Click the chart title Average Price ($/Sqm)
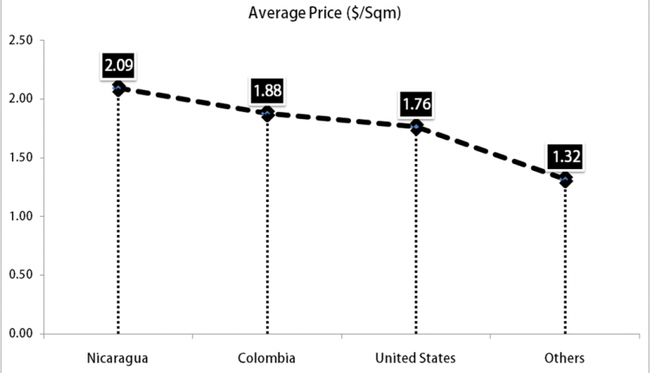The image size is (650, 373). point(324,12)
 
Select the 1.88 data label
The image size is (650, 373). point(268,90)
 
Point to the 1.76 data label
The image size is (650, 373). point(417,105)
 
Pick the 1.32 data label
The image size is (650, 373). point(565,157)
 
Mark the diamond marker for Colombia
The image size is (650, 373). point(268,114)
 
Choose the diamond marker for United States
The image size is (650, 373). point(417,128)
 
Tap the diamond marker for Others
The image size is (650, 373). point(565,180)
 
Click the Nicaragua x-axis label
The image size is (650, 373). point(118,357)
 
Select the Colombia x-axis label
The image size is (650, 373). point(267,357)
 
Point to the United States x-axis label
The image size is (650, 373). point(416,357)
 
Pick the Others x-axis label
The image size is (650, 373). point(565,357)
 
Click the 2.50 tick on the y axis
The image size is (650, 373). point(21,40)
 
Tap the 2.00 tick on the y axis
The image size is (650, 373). point(21,99)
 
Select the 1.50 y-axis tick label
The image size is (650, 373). point(21,158)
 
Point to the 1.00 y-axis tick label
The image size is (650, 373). point(21,216)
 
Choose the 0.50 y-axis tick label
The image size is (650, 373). point(21,275)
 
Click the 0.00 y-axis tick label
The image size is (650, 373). point(21,333)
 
